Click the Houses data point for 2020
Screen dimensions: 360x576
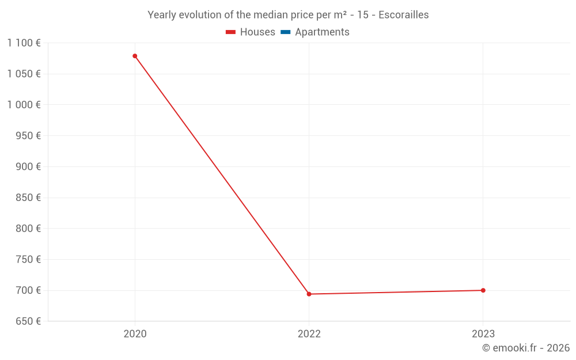click(x=135, y=56)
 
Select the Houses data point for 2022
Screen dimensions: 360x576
click(x=309, y=294)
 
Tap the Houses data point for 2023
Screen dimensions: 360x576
click(x=483, y=290)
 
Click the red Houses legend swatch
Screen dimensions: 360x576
click(x=231, y=32)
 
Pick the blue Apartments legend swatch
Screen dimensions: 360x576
click(x=285, y=32)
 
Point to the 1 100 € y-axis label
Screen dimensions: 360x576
click(x=24, y=43)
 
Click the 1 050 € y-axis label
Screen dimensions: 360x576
click(x=24, y=74)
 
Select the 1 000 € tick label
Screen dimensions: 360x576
click(x=24, y=105)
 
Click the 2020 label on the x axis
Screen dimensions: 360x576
click(x=135, y=334)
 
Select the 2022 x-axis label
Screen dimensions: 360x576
click(x=309, y=334)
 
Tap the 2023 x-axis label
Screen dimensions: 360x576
click(x=483, y=334)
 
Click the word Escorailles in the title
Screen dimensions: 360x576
click(x=403, y=15)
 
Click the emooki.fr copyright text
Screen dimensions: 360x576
click(x=526, y=348)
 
